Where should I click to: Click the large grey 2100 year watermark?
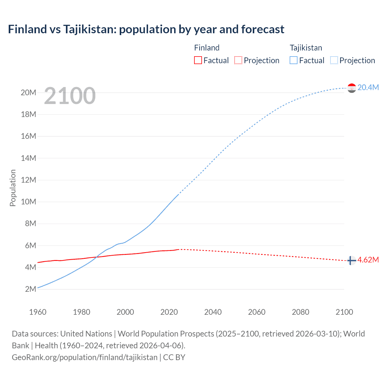(x=70, y=96)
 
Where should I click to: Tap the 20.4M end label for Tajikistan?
(x=368, y=87)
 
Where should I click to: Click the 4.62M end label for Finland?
(x=368, y=260)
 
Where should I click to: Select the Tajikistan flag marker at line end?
(x=352, y=88)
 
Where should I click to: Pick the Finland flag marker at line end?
(x=351, y=260)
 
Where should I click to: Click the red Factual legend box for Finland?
(x=198, y=60)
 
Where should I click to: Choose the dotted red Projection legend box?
(x=238, y=60)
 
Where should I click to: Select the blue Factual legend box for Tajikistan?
(x=294, y=60)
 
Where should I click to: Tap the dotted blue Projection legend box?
(x=334, y=60)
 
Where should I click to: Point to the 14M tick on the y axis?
(x=28, y=158)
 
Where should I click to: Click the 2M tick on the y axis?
(x=31, y=289)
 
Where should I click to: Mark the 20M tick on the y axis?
(x=28, y=93)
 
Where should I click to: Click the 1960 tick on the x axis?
(x=38, y=312)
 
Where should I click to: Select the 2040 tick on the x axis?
(x=213, y=312)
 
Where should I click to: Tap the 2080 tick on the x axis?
(x=301, y=312)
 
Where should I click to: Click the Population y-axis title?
(x=13, y=188)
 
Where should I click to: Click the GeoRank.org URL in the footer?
(x=85, y=357)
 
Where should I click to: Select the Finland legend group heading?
(x=207, y=48)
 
